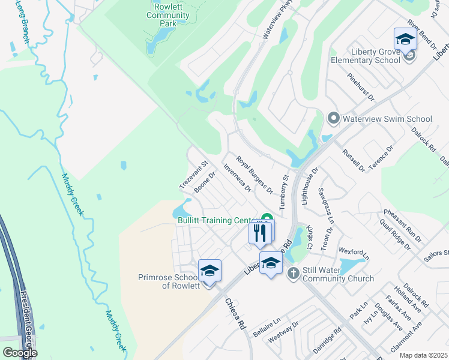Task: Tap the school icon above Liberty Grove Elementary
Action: (405, 40)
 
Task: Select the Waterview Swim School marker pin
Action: (334, 118)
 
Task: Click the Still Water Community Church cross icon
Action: (293, 274)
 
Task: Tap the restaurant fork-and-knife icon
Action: (259, 233)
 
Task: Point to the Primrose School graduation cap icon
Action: (209, 271)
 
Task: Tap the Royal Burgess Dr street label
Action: (255, 175)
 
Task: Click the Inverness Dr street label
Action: (237, 178)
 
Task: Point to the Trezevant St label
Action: (194, 174)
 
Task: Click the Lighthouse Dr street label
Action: (310, 184)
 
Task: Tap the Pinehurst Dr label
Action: (361, 87)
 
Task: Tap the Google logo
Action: (20, 353)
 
